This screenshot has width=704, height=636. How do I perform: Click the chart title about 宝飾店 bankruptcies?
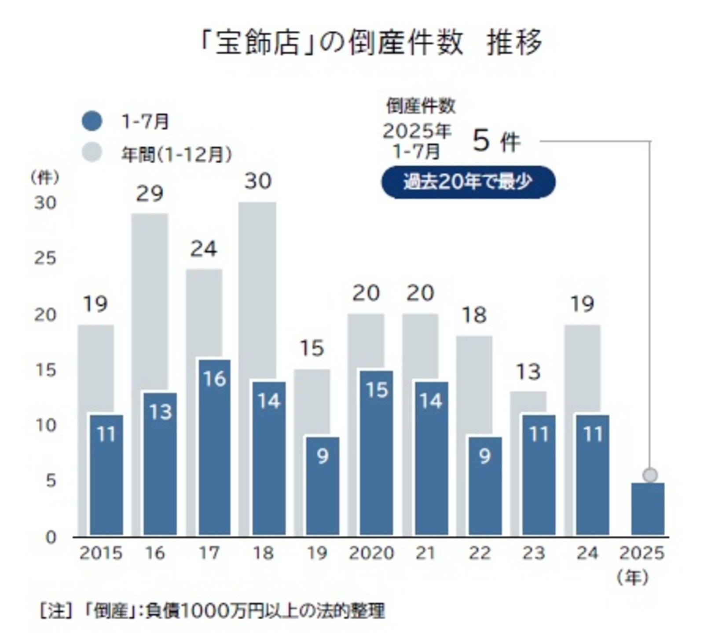point(371,43)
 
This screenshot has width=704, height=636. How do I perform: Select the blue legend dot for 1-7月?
point(92,121)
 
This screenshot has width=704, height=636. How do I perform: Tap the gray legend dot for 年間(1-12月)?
point(92,153)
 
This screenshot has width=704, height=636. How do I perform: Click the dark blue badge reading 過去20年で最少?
point(468,182)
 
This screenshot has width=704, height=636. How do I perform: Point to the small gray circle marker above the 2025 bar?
point(650,475)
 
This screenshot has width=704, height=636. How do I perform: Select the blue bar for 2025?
point(648,509)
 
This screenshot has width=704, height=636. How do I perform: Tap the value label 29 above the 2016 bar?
point(150,194)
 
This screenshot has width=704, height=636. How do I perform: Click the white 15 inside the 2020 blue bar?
point(377,390)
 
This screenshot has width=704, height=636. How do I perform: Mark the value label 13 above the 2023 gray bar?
point(528,372)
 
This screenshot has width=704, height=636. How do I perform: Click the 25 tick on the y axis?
point(46,258)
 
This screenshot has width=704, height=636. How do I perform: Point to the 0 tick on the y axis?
point(51,537)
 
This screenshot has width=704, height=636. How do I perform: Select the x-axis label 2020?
point(371,553)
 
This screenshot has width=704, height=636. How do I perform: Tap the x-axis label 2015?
point(101,553)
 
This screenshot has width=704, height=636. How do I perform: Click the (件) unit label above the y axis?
point(44,178)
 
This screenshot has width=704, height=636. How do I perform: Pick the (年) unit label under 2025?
point(633,578)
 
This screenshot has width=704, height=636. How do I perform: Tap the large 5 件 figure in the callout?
point(496,142)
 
